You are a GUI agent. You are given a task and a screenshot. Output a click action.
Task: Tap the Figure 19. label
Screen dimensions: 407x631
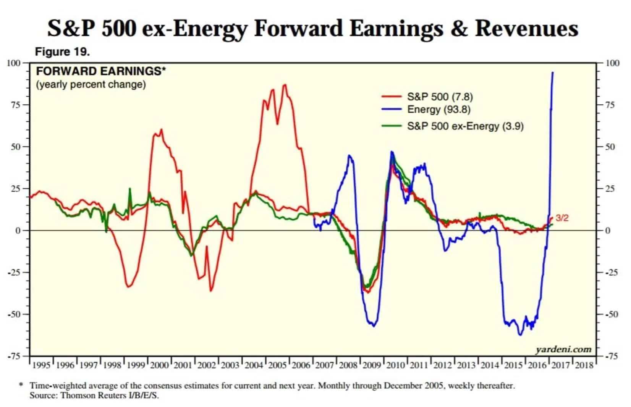pyautogui.click(x=62, y=52)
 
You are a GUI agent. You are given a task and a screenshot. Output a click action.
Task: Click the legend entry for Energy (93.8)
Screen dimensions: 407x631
pyautogui.click(x=438, y=110)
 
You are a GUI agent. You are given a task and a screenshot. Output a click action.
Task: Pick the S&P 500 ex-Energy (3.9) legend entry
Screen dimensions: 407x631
pyautogui.click(x=465, y=126)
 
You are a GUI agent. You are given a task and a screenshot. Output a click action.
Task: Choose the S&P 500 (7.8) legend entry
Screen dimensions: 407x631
pyautogui.click(x=440, y=97)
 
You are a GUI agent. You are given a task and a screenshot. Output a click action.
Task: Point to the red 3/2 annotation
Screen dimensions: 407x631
pyautogui.click(x=562, y=218)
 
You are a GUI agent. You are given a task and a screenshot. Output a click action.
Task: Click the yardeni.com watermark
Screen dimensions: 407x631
pyautogui.click(x=563, y=349)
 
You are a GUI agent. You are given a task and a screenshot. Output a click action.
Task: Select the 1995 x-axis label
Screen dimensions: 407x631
pyautogui.click(x=41, y=365)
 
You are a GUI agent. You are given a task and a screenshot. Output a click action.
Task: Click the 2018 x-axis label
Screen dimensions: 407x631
pyautogui.click(x=584, y=365)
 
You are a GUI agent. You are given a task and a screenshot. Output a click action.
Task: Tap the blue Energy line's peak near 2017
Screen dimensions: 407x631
pyautogui.click(x=552, y=73)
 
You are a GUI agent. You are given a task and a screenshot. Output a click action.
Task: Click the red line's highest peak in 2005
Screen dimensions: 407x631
pyautogui.click(x=285, y=85)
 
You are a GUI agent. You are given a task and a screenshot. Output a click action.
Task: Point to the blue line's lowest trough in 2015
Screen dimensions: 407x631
pyautogui.click(x=520, y=335)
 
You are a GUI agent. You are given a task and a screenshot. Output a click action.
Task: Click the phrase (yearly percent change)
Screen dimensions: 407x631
pyautogui.click(x=91, y=84)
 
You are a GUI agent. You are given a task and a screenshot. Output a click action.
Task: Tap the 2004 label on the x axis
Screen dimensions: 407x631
pyautogui.click(x=254, y=365)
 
